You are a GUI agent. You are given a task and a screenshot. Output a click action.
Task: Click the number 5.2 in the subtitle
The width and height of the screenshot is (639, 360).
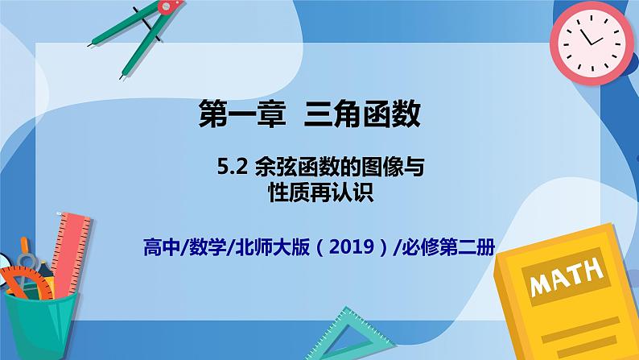tap(233, 167)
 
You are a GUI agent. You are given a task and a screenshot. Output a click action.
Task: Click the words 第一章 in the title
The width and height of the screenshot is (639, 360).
tap(242, 114)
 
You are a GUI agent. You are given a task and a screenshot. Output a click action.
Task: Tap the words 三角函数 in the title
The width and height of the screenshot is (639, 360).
tap(362, 114)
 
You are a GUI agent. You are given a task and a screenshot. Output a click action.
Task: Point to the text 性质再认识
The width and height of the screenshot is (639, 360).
tap(321, 192)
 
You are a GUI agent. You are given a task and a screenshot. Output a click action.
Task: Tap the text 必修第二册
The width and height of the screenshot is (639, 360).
tap(448, 246)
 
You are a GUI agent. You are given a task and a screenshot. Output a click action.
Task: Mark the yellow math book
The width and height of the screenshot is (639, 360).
tap(567, 292)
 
